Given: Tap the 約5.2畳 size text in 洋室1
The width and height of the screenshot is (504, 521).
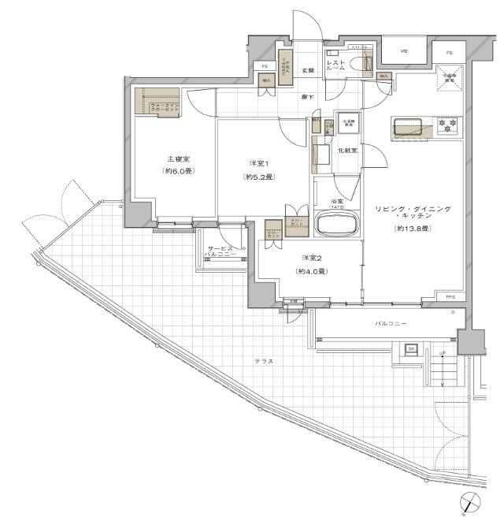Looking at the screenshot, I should [257, 177].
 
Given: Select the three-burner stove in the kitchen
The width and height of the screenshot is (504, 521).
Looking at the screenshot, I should [448, 125].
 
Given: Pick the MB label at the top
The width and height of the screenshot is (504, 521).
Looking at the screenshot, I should [404, 51].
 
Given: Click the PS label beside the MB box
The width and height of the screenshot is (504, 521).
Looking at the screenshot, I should [450, 52].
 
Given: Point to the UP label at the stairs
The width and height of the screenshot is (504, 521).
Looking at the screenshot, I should [443, 352].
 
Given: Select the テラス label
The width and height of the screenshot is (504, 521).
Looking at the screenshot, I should [264, 361].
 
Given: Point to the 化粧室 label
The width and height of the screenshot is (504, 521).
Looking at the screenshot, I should [347, 150].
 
